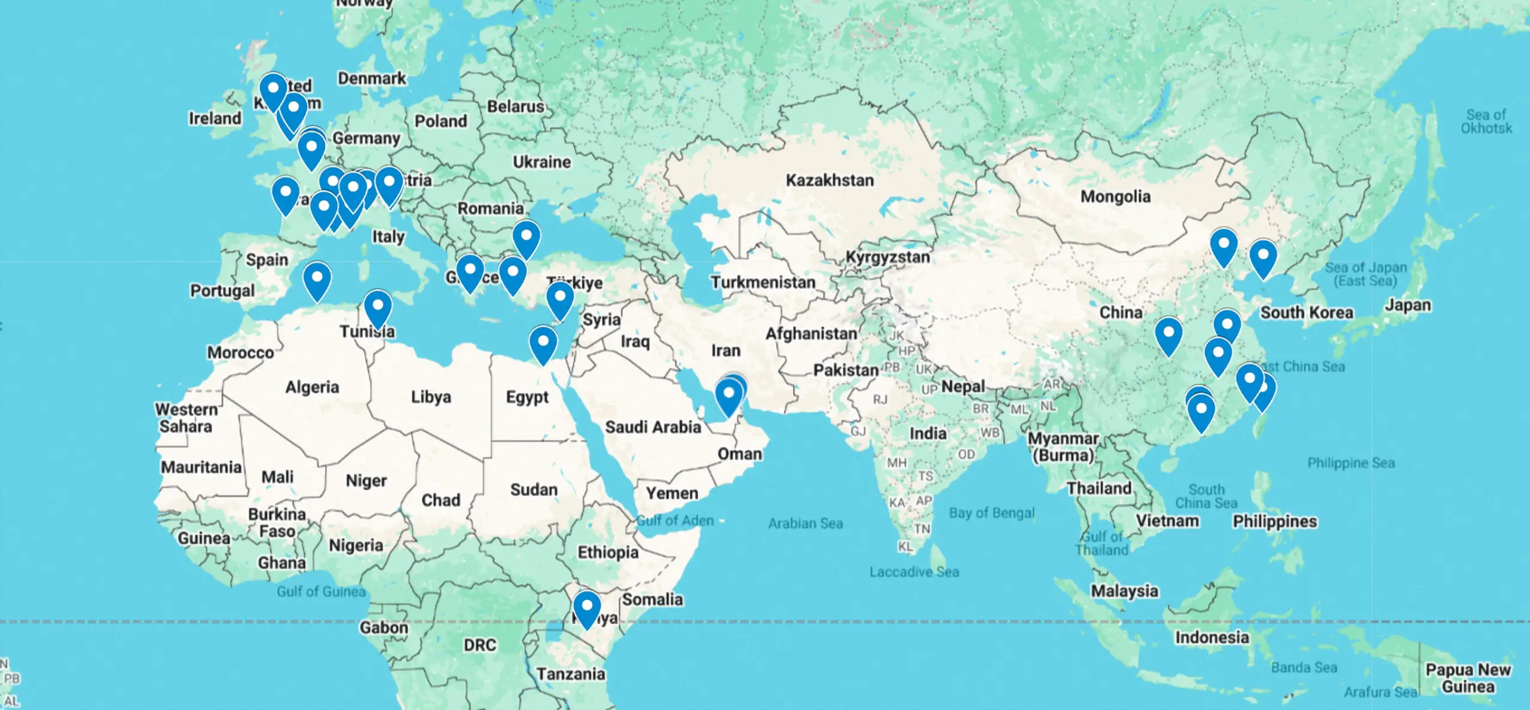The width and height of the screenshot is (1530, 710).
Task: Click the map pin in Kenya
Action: [587, 608]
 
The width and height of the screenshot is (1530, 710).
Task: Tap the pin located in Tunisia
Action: [378, 307]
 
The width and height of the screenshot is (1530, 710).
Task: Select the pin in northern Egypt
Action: [543, 344]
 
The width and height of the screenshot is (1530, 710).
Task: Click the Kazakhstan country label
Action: [830, 180]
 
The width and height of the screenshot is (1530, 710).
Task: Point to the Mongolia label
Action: [1115, 197]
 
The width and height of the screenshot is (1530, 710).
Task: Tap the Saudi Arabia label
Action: [653, 427]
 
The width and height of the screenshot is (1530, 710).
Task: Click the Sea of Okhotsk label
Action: [1486, 121]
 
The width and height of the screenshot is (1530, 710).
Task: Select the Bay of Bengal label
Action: [992, 513]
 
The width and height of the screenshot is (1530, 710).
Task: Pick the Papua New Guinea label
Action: [1468, 678]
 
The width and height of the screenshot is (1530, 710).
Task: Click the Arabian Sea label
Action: [805, 524]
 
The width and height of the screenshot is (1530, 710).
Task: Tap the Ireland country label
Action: [215, 118]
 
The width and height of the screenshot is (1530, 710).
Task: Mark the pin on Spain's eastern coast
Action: [317, 279]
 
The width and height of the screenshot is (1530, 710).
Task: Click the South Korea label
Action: [1306, 313]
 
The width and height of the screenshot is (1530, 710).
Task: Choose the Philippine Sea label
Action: [1351, 463]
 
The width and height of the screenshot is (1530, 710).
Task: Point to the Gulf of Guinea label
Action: [321, 592]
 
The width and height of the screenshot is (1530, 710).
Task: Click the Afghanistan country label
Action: [811, 333]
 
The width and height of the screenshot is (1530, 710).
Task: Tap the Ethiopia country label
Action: [608, 552]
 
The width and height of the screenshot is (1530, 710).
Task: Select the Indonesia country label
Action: [1212, 638]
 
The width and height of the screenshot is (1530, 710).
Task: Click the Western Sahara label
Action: [186, 418]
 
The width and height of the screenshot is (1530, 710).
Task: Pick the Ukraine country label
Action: [541, 162]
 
